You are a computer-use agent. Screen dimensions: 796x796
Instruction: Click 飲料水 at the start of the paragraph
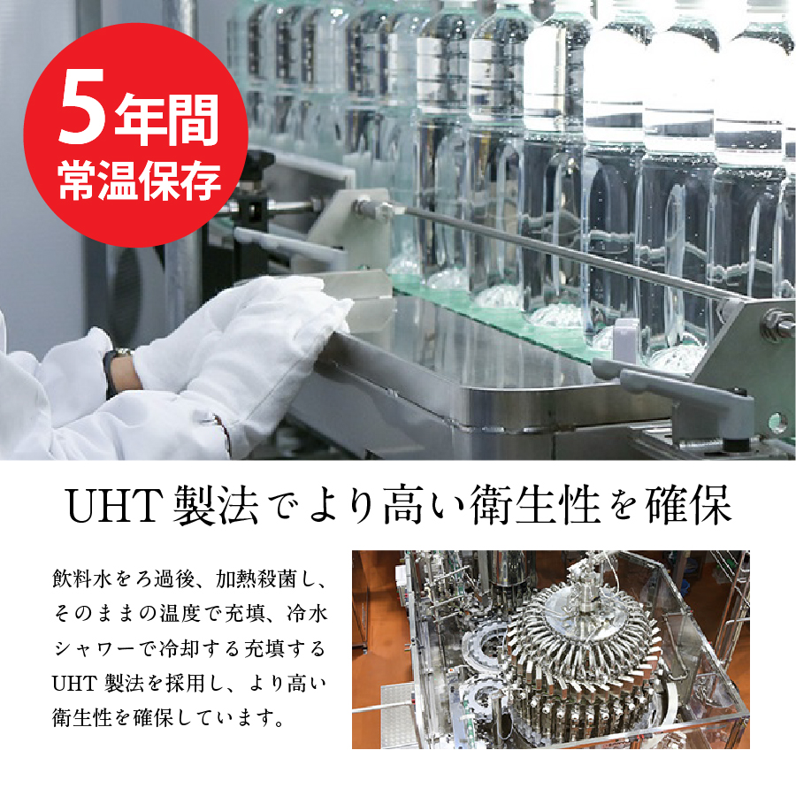pyautogui.click(x=84, y=580)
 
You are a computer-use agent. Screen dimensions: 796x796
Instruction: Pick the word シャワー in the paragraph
pyautogui.click(x=95, y=648)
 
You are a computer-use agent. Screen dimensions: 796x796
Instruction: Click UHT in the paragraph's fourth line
pyautogui.click(x=72, y=682)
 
